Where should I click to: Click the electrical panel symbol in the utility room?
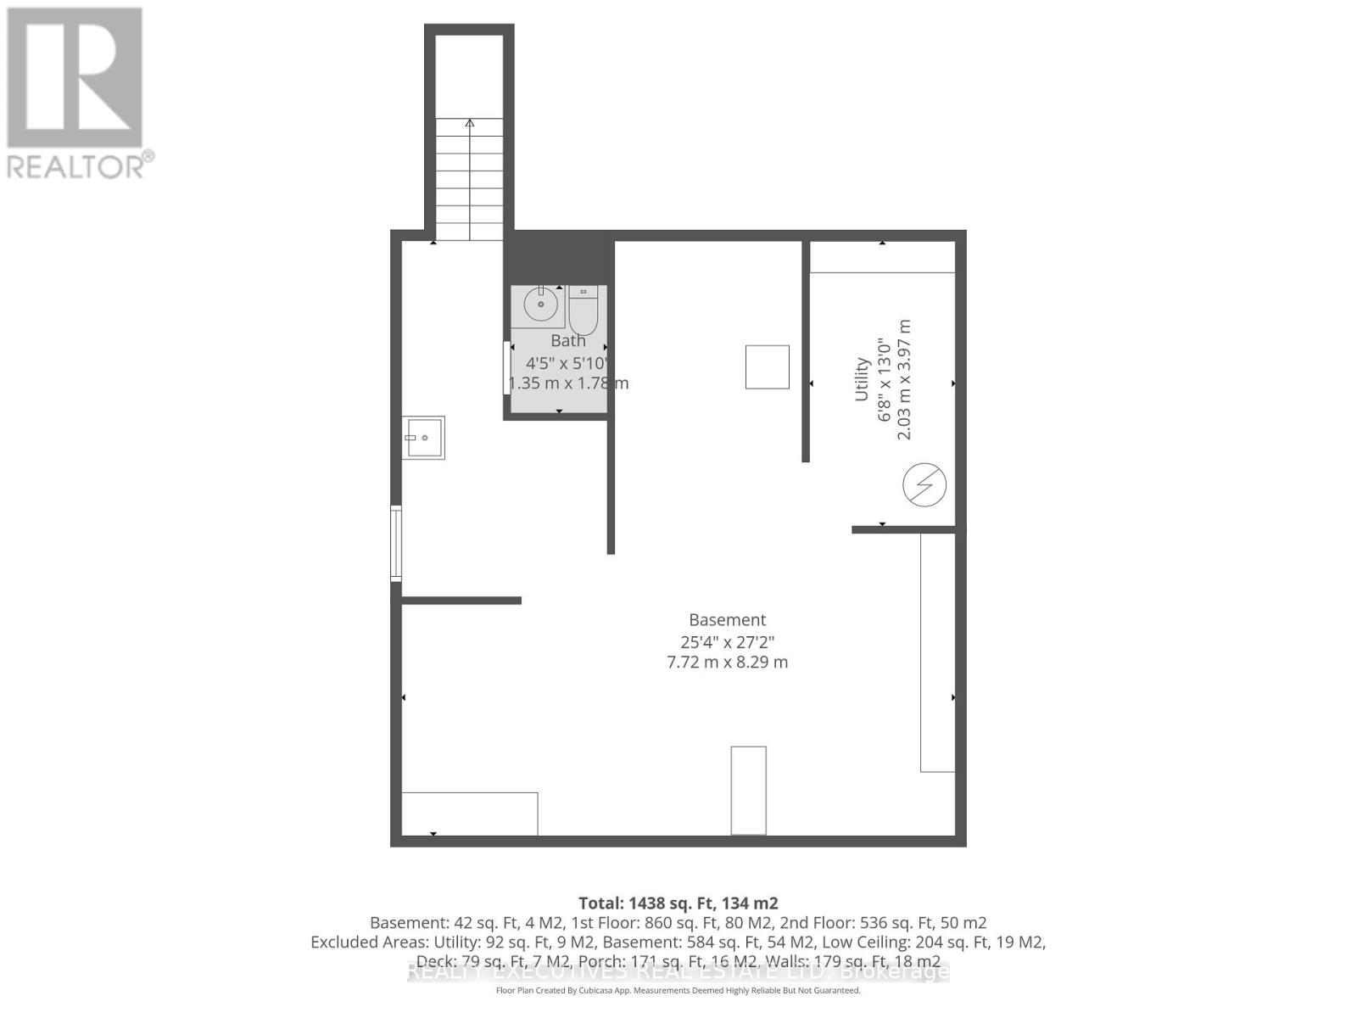pyautogui.click(x=924, y=485)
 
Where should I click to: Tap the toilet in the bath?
pyautogui.click(x=584, y=312)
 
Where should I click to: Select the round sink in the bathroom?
pyautogui.click(x=539, y=304)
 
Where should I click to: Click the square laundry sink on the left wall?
pyautogui.click(x=423, y=438)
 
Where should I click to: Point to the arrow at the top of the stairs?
pyautogui.click(x=469, y=124)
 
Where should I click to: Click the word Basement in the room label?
pyautogui.click(x=727, y=620)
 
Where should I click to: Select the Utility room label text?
pyautogui.click(x=862, y=379)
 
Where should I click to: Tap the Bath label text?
pyautogui.click(x=567, y=341)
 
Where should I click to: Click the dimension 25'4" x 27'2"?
pyautogui.click(x=727, y=642)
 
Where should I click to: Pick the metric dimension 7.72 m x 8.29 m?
pyautogui.click(x=727, y=663)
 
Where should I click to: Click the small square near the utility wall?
pyautogui.click(x=767, y=367)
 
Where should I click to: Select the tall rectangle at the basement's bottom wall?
pyautogui.click(x=748, y=791)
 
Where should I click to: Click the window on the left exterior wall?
pyautogui.click(x=396, y=543)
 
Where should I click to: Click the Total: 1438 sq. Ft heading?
pyautogui.click(x=678, y=903)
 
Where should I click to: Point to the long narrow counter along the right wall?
pyautogui.click(x=937, y=652)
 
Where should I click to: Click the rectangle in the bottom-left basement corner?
pyautogui.click(x=469, y=814)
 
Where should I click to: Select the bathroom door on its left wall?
pyautogui.click(x=507, y=367)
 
